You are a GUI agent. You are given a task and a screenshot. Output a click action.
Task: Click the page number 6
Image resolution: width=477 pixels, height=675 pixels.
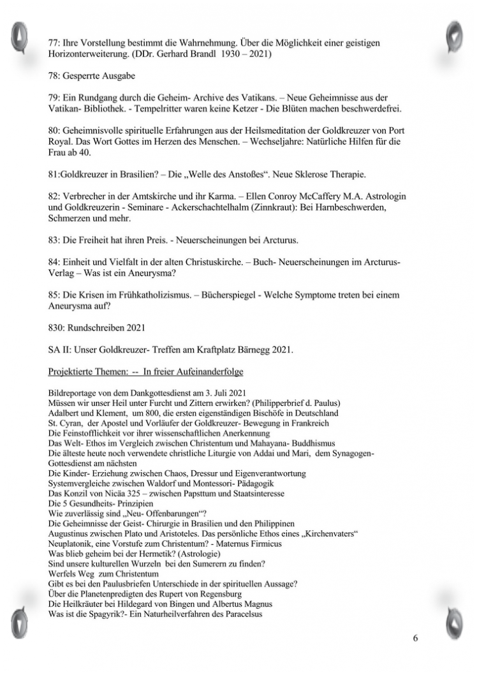(x=416, y=639)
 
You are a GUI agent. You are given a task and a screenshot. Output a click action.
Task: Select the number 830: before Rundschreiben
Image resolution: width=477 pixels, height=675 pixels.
(x=59, y=328)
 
